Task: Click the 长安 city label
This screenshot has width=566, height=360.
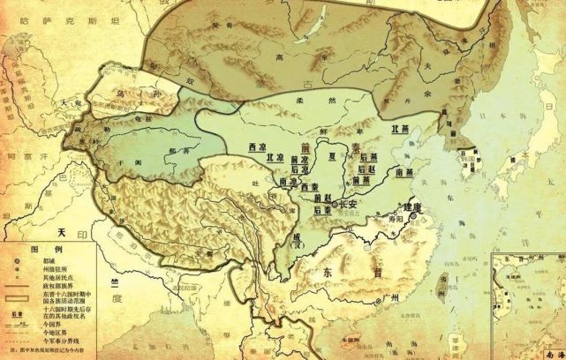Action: pyautogui.click(x=343, y=205)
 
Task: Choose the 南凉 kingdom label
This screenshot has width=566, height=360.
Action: pyautogui.click(x=287, y=180)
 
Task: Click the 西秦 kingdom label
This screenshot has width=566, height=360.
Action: pyautogui.click(x=308, y=189)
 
